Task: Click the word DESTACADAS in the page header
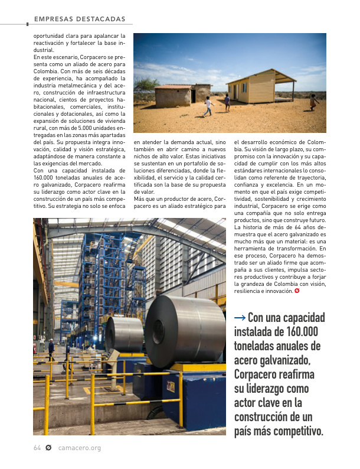(102, 19)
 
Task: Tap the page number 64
(37, 448)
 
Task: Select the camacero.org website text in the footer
(80, 448)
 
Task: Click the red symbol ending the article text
(296, 291)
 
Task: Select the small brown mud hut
(173, 95)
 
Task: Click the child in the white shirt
(207, 106)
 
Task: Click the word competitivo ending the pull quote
(293, 431)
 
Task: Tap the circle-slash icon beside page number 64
(49, 448)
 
